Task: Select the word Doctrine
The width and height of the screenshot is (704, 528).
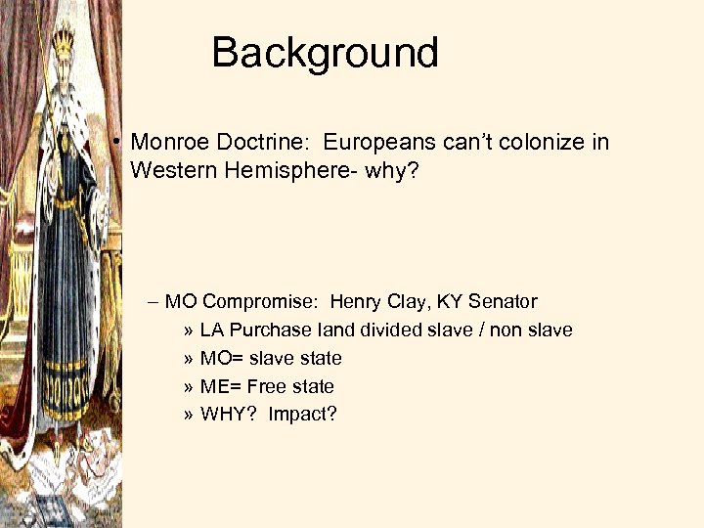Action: point(259,143)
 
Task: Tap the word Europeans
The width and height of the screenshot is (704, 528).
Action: point(379,143)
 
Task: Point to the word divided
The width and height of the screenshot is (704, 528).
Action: point(392,330)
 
